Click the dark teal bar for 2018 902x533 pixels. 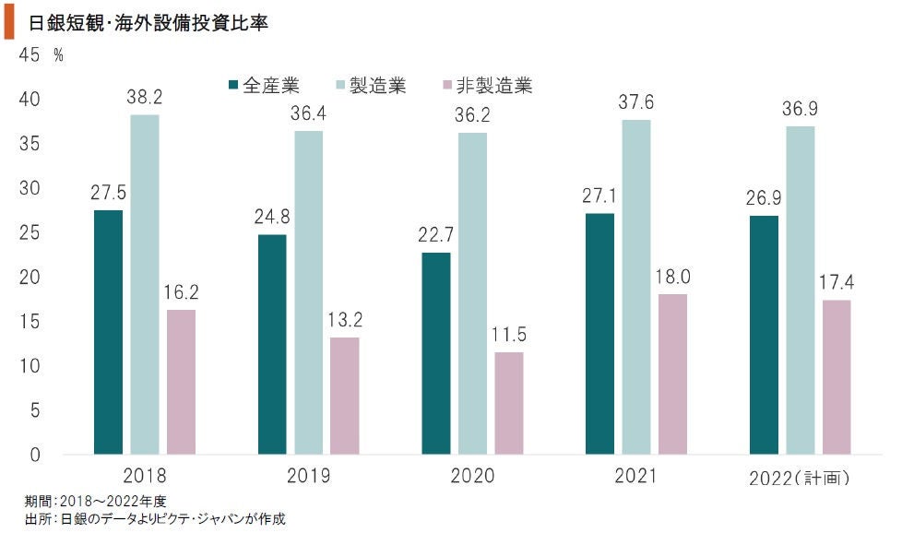click(108, 332)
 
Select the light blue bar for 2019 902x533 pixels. click(309, 292)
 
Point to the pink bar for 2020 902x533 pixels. click(508, 403)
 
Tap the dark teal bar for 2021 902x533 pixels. click(600, 333)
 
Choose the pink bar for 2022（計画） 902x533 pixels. click(837, 376)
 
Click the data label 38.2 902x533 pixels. click(143, 96)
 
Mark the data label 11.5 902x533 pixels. click(508, 334)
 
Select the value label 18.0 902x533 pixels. click(672, 276)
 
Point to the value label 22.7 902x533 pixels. click(436, 234)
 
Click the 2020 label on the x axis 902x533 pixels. click(472, 477)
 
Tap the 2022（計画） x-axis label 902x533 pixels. click(800, 478)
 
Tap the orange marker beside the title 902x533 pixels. click(9, 23)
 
